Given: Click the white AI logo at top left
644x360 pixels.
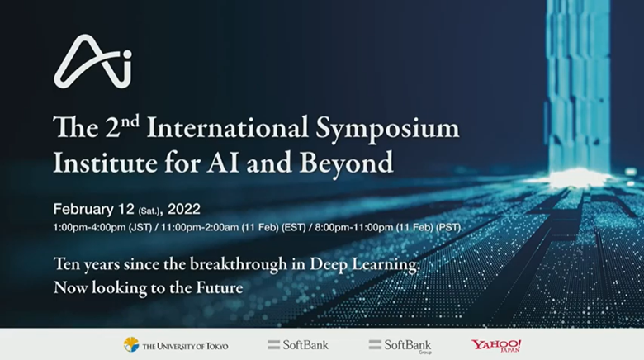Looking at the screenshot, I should point(92,62).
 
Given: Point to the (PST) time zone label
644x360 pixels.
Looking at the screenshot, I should point(447,227).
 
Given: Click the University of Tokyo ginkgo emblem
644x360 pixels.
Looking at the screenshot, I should point(130,344).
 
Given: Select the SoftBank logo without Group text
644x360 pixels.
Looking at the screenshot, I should point(289,344).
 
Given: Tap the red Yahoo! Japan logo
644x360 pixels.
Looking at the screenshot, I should point(496,345).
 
